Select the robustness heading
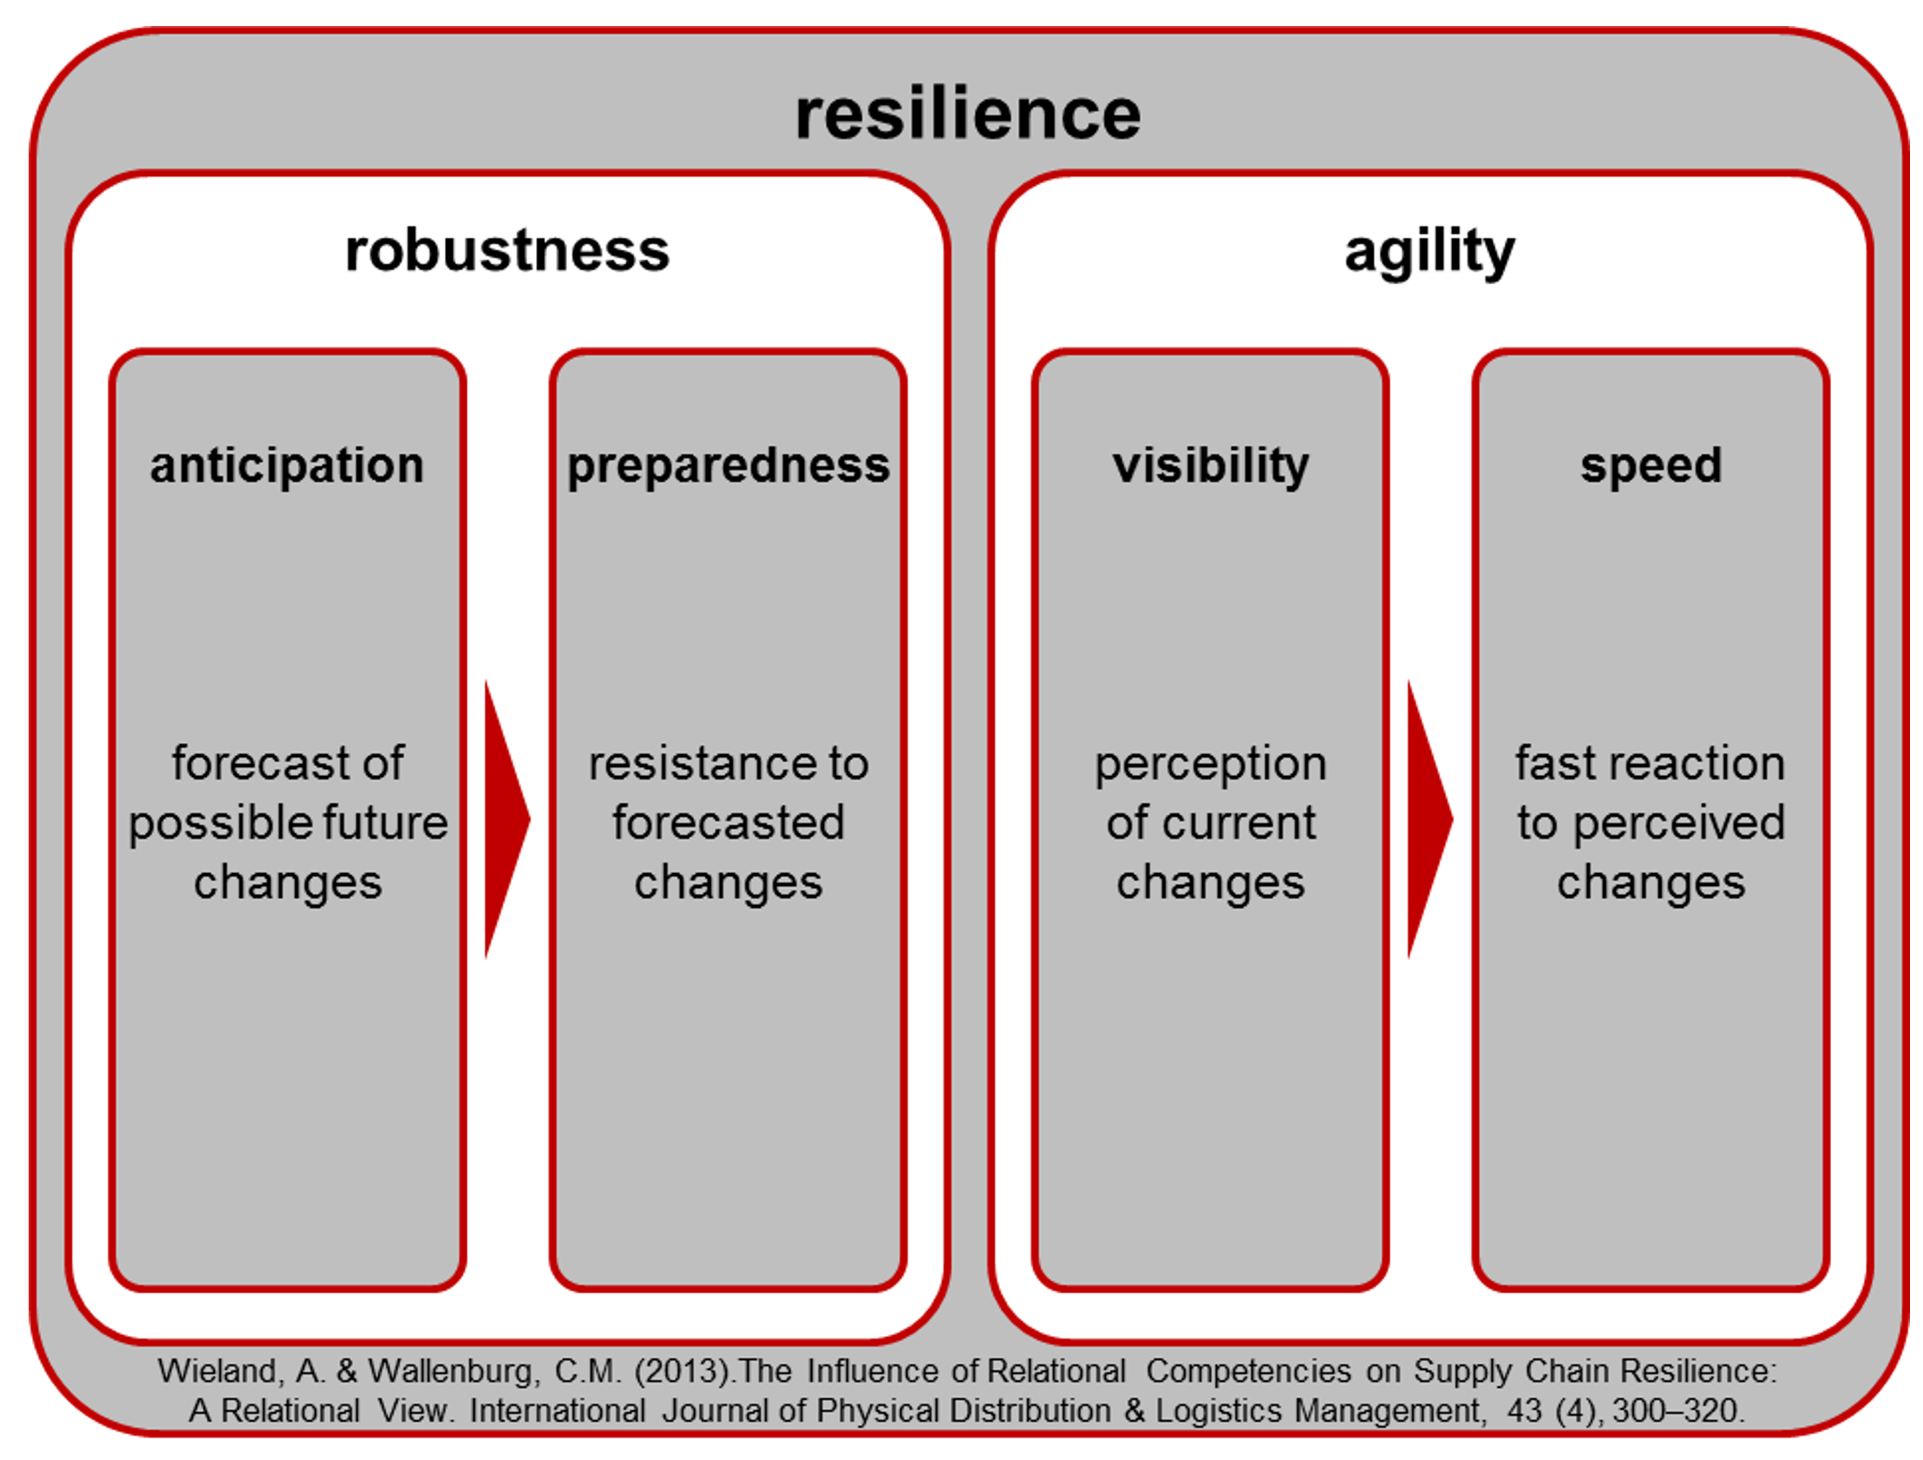tap(507, 251)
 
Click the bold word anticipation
tap(287, 466)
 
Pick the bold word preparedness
tap(729, 466)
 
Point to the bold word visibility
tap(1210, 466)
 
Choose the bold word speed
tap(1651, 466)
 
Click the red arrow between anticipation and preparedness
tap(507, 819)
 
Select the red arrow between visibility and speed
tap(1430, 819)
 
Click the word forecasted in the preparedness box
tap(729, 822)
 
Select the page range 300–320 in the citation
tap(1678, 1411)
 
